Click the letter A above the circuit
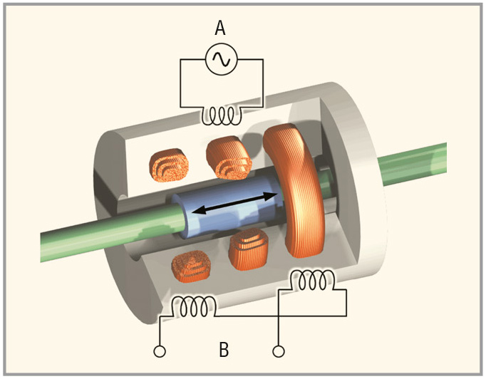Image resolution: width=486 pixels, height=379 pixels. coord(220,28)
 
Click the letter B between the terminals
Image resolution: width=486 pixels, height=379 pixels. coord(224,350)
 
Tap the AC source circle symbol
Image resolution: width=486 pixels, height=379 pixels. coord(220,61)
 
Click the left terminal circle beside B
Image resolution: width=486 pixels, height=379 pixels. coord(160,351)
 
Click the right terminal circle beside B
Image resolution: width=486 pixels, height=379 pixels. coord(279,351)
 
